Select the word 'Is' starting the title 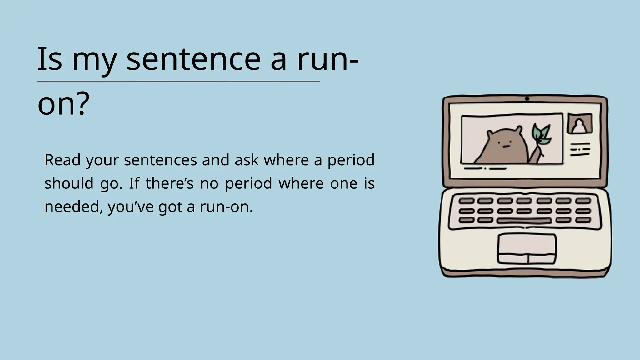pos(49,59)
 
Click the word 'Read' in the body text pos(62,160)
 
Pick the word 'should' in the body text pos(69,183)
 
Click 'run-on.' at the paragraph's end pos(226,207)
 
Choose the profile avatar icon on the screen pos(580,124)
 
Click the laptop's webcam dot pos(527,99)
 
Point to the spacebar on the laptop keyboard pos(524,221)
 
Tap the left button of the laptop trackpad pos(512,259)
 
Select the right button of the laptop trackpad pos(542,259)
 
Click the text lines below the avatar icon pos(580,149)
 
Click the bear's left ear pos(490,133)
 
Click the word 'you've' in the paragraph pos(131,207)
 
